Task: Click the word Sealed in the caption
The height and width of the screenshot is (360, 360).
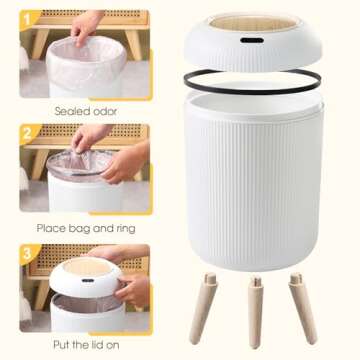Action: [72, 112]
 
